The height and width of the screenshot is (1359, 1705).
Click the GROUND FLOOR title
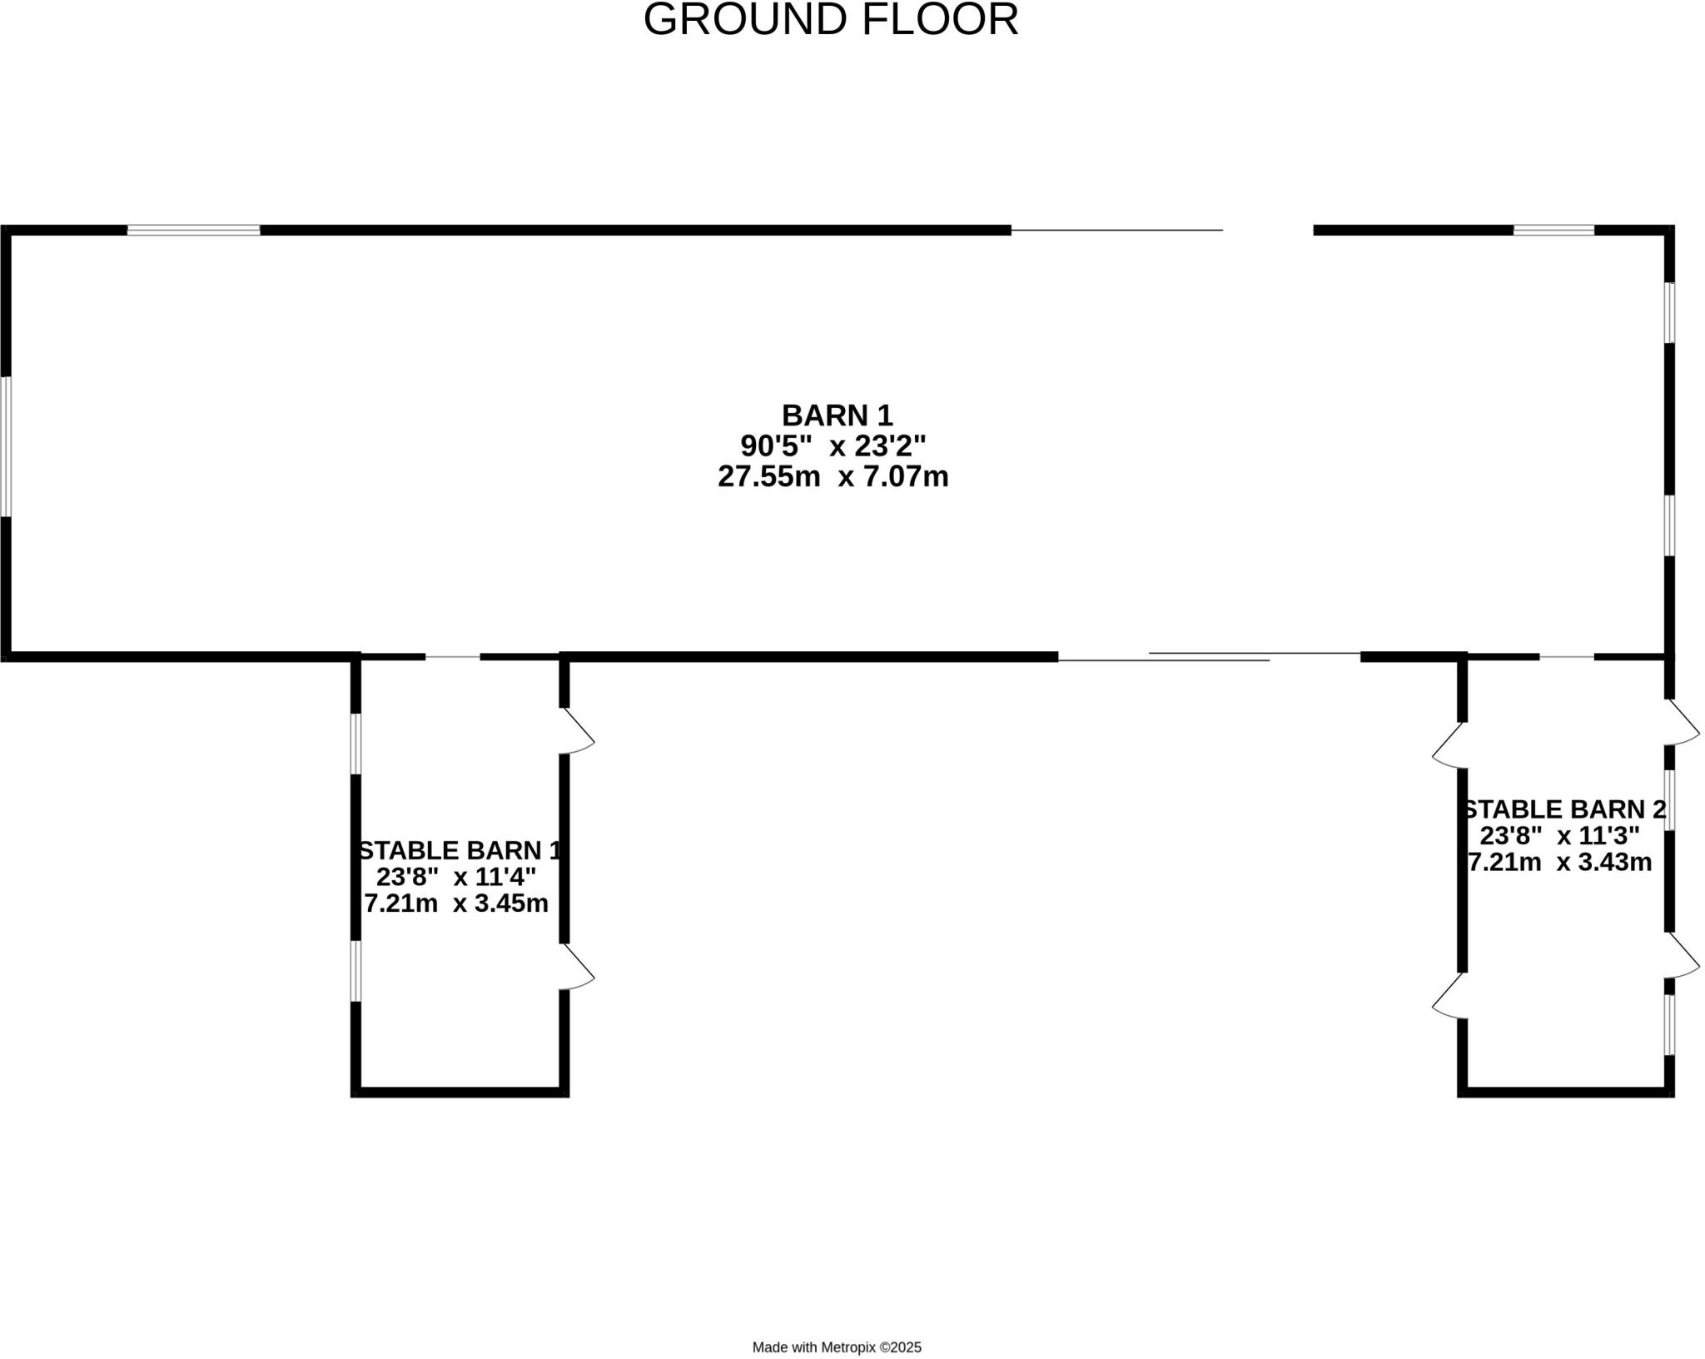click(831, 20)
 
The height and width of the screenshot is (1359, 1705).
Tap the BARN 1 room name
click(837, 415)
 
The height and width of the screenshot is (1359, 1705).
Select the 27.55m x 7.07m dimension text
click(833, 476)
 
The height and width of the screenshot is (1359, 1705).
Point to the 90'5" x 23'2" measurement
click(833, 446)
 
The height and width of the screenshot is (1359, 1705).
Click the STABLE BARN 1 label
click(460, 850)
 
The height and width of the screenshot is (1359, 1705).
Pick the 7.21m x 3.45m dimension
click(456, 903)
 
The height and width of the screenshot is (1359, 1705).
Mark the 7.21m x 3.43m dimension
click(1560, 862)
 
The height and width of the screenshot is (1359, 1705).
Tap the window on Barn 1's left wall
click(6, 446)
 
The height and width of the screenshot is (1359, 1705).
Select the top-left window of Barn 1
click(193, 230)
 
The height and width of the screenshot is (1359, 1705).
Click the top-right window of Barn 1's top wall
click(1553, 230)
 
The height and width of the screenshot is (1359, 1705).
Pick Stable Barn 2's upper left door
click(1449, 745)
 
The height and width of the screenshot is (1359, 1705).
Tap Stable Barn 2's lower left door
click(1449, 996)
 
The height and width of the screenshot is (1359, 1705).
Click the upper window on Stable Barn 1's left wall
click(355, 744)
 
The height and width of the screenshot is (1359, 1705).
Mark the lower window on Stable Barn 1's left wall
click(355, 971)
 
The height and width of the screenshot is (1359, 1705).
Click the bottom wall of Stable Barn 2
click(1565, 1092)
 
